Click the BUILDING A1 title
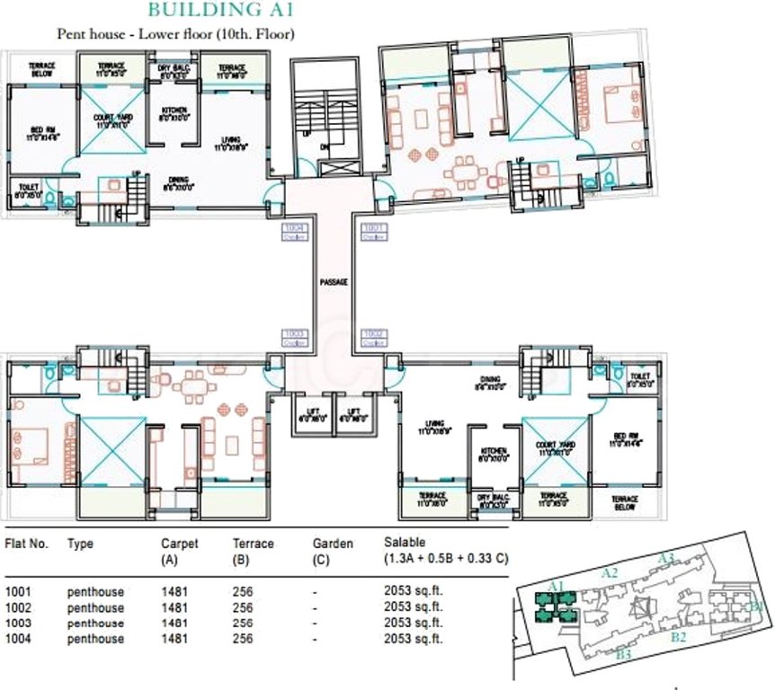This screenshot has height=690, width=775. (x=220, y=11)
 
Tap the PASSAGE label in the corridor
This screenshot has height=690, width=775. (x=334, y=282)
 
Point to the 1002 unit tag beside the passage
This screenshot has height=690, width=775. (x=372, y=336)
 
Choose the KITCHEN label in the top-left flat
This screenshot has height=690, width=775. (x=174, y=113)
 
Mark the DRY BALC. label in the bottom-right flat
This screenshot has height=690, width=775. (x=494, y=501)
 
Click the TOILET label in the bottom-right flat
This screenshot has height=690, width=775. (x=640, y=380)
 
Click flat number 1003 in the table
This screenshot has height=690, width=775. (x=19, y=623)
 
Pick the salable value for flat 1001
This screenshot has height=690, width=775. (x=414, y=591)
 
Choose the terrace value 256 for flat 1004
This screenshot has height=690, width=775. (x=244, y=639)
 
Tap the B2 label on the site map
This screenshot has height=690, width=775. (x=680, y=638)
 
